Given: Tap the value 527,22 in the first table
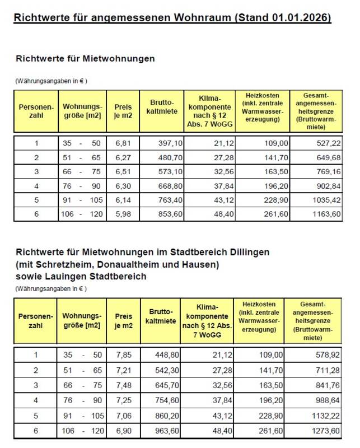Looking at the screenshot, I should click(x=329, y=143).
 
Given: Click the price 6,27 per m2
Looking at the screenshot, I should click(x=123, y=157).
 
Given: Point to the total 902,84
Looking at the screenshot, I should click(x=329, y=185).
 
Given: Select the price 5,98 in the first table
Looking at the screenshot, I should click(x=123, y=213).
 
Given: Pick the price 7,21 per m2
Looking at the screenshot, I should click(x=123, y=370).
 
